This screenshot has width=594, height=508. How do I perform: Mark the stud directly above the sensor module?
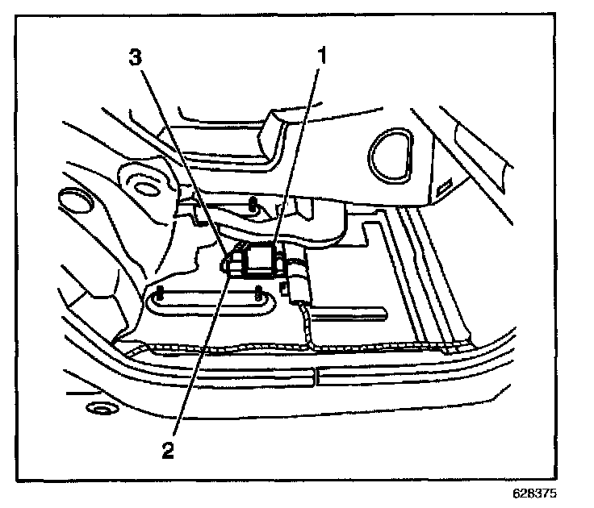pos(253,203)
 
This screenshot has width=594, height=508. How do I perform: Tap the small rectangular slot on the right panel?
pos(443,189)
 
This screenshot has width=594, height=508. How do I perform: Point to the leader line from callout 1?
pos(299,153)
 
